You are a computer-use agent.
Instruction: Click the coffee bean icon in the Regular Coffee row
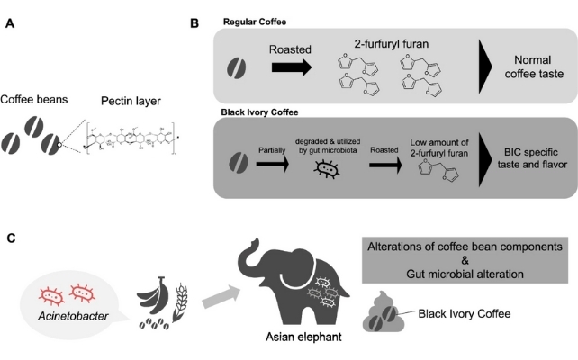pyautogui.click(x=234, y=66)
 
